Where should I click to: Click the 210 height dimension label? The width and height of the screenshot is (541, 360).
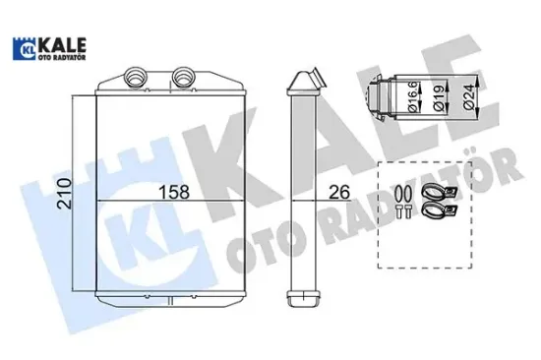click(x=65, y=193)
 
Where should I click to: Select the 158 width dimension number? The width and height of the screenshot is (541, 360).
click(x=173, y=192)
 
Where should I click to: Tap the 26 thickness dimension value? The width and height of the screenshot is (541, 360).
click(x=339, y=192)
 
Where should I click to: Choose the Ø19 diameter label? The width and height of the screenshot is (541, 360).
click(x=439, y=98)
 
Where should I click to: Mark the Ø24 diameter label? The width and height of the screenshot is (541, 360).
click(x=469, y=97)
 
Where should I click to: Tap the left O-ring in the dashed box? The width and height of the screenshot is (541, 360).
click(x=398, y=194)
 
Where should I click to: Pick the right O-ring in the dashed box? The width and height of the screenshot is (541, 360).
click(x=408, y=194)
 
